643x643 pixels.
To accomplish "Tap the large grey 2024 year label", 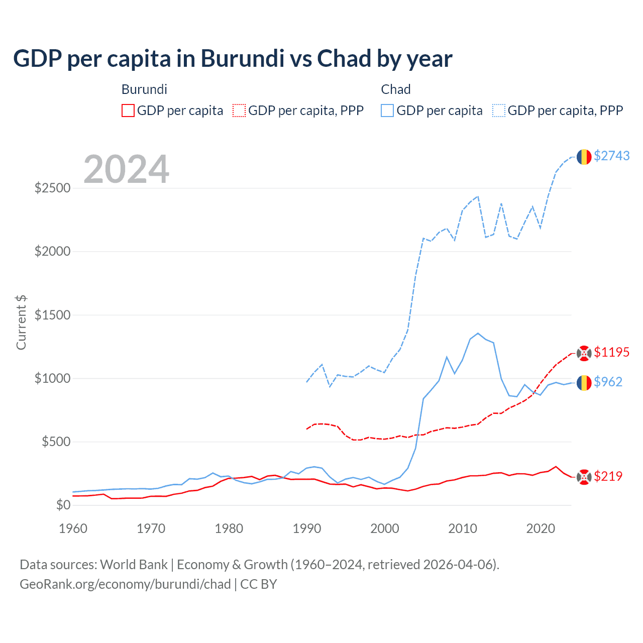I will pyautogui.click(x=126, y=169).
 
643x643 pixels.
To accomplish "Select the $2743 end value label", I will pyautogui.click(x=611, y=156).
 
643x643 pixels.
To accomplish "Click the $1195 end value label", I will pyautogui.click(x=611, y=352).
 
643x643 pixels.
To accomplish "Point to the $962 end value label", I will pyautogui.click(x=608, y=382).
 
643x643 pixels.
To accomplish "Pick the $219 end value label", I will pyautogui.click(x=608, y=476).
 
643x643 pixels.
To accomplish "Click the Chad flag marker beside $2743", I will pyautogui.click(x=584, y=157).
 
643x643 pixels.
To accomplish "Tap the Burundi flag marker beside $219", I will pyautogui.click(x=584, y=477).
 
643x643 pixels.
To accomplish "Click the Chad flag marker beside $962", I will pyautogui.click(x=584, y=383).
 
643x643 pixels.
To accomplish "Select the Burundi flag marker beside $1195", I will pyautogui.click(x=584, y=353).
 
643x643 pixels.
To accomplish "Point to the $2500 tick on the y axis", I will pyautogui.click(x=52, y=188).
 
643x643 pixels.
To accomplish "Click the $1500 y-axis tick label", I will pyautogui.click(x=52, y=315).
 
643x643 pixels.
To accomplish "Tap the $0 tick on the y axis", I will pyautogui.click(x=63, y=505).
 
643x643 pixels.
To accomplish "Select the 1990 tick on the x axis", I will pyautogui.click(x=306, y=528).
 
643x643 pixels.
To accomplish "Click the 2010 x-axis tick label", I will pyautogui.click(x=462, y=528).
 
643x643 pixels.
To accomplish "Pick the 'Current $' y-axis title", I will pyautogui.click(x=21, y=323).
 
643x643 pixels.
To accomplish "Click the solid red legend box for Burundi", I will pyautogui.click(x=128, y=111).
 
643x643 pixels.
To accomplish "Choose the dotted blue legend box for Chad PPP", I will pyautogui.click(x=499, y=111).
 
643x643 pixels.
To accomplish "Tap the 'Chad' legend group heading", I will pyautogui.click(x=395, y=89).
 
